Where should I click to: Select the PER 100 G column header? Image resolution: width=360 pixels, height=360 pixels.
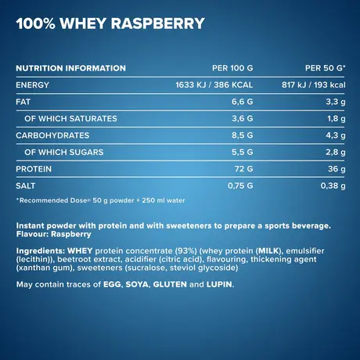(x=233, y=68)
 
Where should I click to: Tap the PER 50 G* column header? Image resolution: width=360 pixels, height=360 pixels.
(x=322, y=68)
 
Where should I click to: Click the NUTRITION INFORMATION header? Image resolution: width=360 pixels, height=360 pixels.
(x=70, y=68)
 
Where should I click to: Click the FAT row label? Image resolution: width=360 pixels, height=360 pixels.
(x=23, y=102)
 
